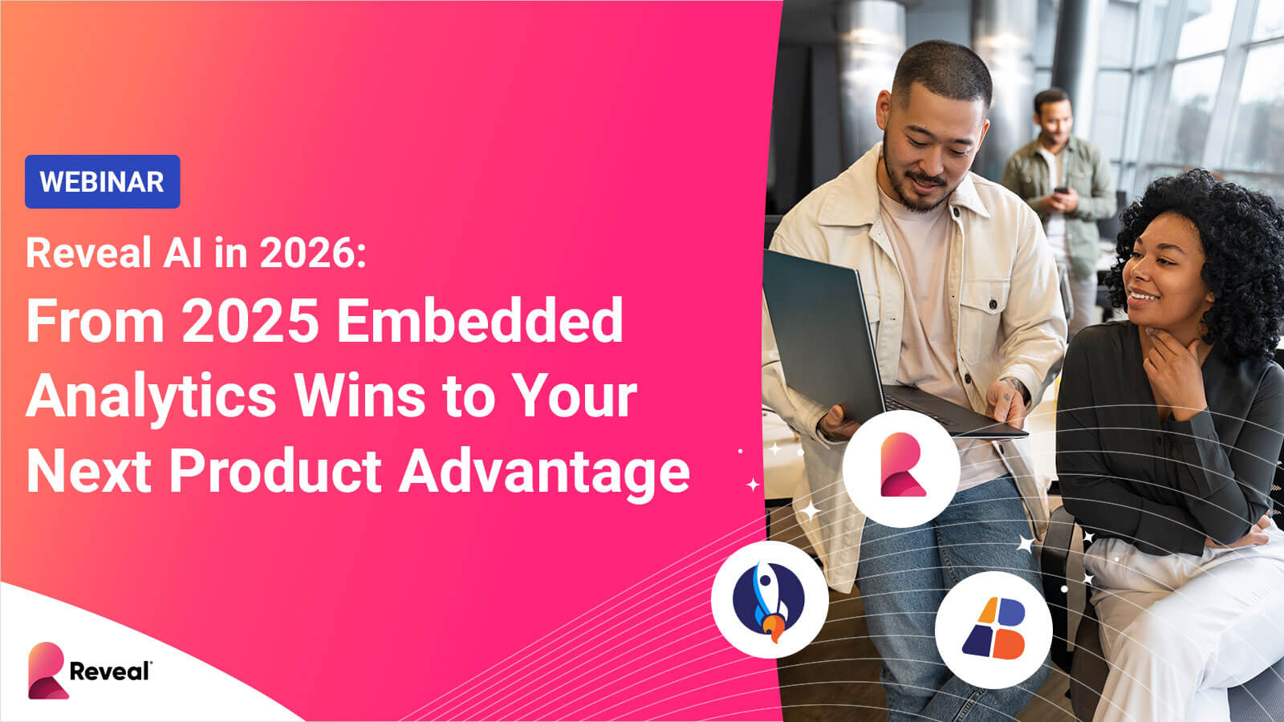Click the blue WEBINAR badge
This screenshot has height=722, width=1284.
click(102, 181)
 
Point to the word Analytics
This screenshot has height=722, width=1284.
click(152, 398)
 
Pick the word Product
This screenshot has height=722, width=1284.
click(276, 471)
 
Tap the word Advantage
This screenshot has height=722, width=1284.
click(544, 473)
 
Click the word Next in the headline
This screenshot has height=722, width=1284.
click(89, 472)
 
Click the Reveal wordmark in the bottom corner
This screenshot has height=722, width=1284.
click(111, 671)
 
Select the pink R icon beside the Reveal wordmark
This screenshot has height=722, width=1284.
click(47, 671)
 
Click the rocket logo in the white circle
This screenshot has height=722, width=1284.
click(770, 600)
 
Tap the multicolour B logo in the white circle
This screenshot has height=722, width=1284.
click(994, 629)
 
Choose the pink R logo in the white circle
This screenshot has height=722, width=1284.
click(902, 464)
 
